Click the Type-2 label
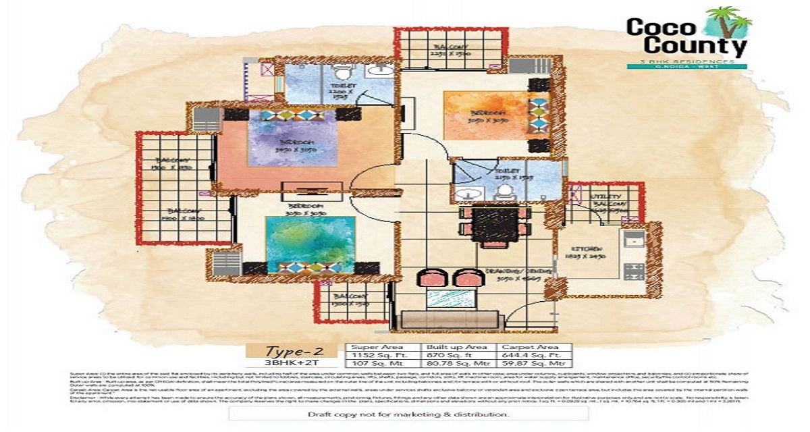pyautogui.click(x=290, y=350)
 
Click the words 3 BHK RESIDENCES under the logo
pyautogui.click(x=687, y=61)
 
